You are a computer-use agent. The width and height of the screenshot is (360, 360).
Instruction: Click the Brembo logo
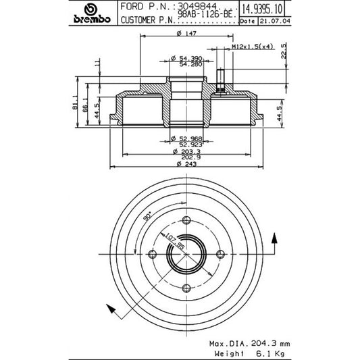(x=92, y=14)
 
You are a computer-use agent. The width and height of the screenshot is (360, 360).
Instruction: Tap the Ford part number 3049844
(x=197, y=6)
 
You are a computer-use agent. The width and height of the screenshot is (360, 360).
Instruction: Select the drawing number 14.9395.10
(x=262, y=9)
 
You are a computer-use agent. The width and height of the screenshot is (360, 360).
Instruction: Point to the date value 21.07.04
(x=275, y=21)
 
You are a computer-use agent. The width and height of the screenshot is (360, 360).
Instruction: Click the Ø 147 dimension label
(x=186, y=33)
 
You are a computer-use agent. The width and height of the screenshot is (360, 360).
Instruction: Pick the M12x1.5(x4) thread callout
(x=253, y=47)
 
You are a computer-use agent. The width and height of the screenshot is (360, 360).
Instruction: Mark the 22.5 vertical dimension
(x=284, y=51)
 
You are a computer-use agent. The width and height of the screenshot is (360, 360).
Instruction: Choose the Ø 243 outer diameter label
(x=186, y=164)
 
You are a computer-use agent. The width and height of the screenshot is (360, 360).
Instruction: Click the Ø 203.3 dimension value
(x=186, y=151)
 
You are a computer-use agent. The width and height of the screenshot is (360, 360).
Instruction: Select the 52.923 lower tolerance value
(x=190, y=145)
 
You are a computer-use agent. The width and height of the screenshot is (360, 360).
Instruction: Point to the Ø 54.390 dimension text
(x=186, y=58)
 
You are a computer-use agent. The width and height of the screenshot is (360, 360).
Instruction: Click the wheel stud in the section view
(x=220, y=80)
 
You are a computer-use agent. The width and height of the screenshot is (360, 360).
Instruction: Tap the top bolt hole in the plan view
(x=186, y=220)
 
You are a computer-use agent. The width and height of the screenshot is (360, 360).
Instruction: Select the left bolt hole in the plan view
(x=152, y=254)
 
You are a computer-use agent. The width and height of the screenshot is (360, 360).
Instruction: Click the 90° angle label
(x=147, y=216)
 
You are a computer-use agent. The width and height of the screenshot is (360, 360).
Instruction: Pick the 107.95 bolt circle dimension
(x=175, y=242)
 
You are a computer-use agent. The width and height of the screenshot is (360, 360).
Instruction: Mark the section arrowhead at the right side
(x=274, y=238)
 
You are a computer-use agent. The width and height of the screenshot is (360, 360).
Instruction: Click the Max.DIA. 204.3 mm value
(x=249, y=344)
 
